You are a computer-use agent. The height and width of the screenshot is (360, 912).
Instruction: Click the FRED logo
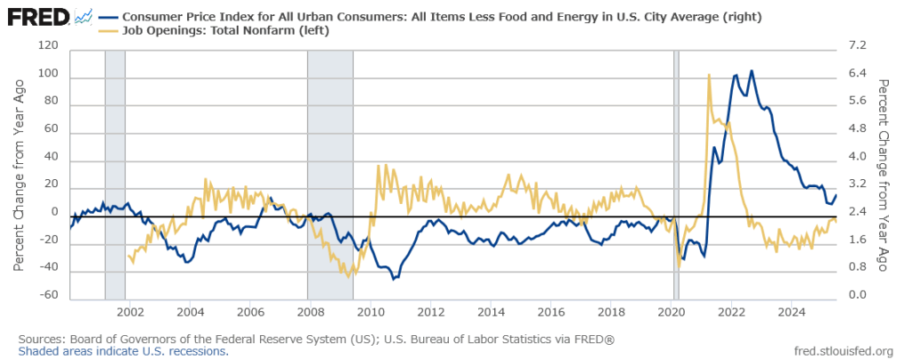pos(35,15)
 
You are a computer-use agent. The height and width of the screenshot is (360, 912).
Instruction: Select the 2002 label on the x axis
pos(130,314)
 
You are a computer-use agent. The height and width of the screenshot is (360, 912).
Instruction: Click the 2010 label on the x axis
pos(370,314)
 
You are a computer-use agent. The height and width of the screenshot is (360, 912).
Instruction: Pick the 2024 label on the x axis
pos(792,314)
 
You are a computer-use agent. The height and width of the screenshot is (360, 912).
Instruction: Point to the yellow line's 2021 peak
pos(708,75)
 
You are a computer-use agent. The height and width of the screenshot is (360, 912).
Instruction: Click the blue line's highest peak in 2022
pos(752,70)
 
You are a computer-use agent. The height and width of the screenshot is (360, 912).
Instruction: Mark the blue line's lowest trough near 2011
pos(394,279)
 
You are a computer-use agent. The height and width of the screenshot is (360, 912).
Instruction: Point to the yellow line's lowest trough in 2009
pos(348,275)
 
